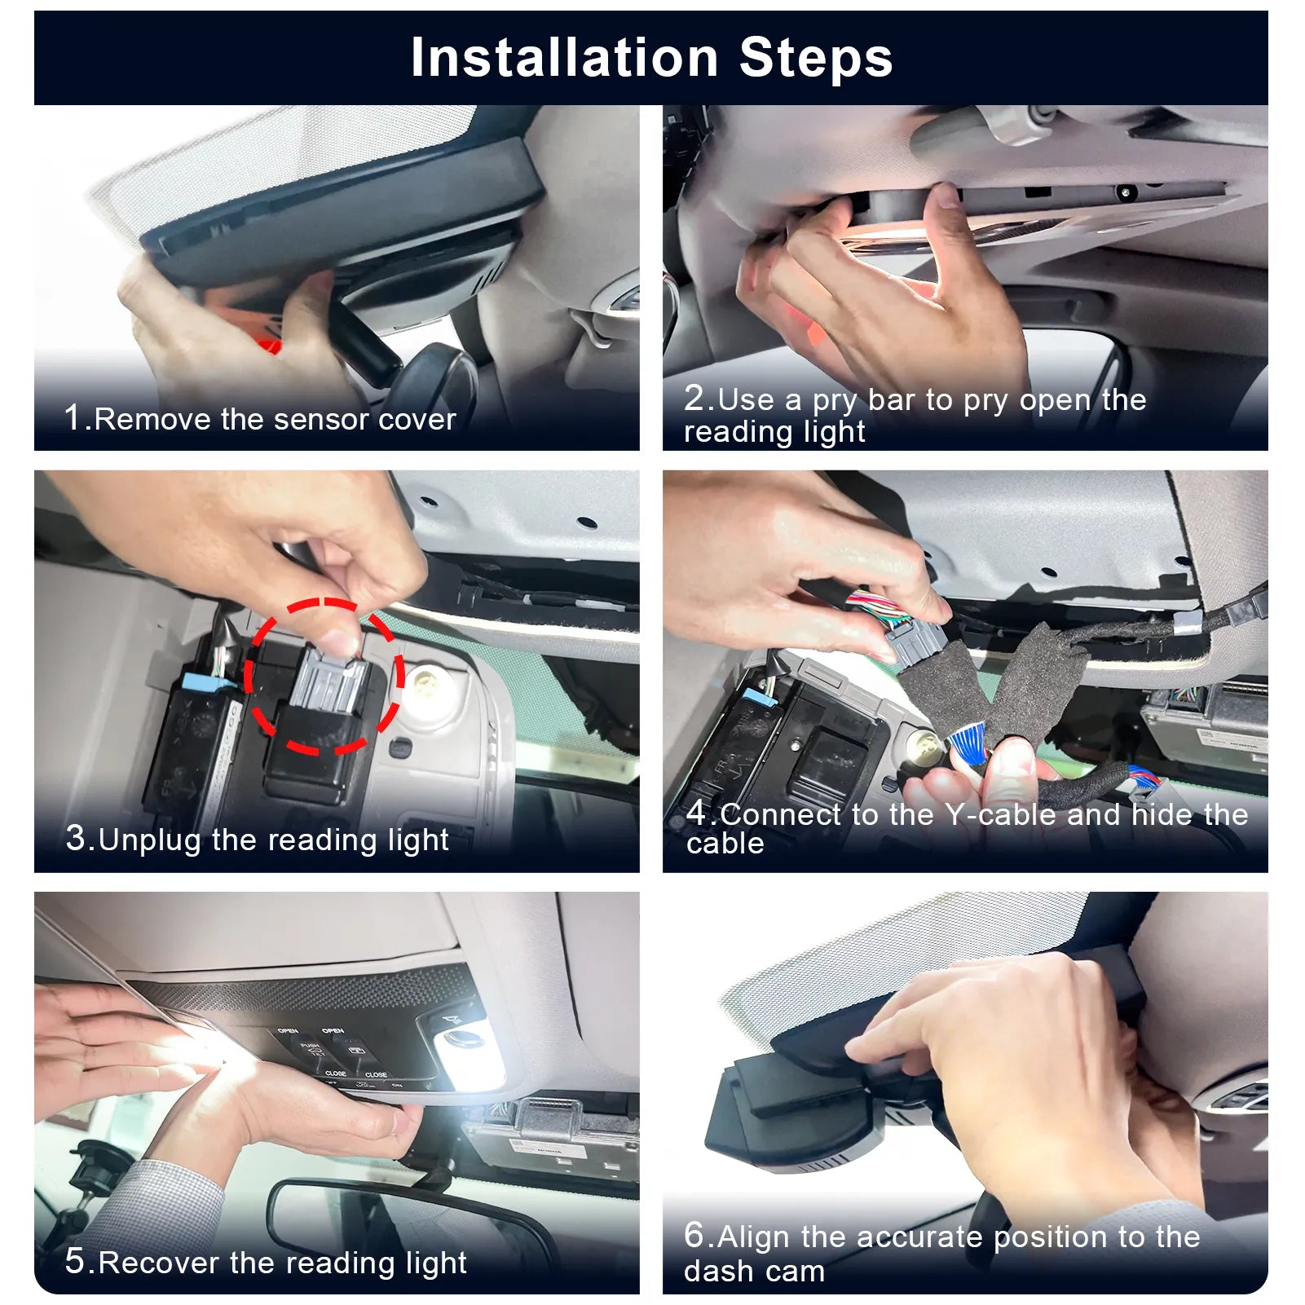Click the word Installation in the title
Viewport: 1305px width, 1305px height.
click(564, 58)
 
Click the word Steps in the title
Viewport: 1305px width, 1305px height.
click(816, 58)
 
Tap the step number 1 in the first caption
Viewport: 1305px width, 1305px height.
click(73, 417)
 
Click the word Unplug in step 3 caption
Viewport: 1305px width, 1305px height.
click(149, 840)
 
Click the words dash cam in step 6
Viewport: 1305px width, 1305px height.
click(754, 1272)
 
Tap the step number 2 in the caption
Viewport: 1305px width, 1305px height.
click(699, 398)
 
